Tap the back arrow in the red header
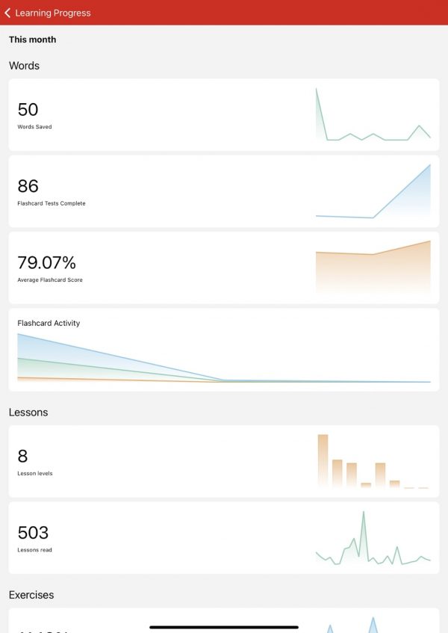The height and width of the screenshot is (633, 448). [x=7, y=13]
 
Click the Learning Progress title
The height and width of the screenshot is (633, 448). [x=52, y=13]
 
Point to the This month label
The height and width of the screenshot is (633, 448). [x=32, y=40]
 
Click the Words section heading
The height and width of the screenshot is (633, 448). [x=24, y=66]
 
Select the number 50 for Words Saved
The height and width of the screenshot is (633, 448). [x=28, y=109]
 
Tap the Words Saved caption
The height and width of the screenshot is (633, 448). [x=34, y=127]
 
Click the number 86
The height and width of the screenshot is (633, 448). [x=28, y=186]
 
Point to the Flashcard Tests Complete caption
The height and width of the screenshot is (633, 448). [x=51, y=203]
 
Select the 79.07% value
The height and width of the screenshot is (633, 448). [x=46, y=262]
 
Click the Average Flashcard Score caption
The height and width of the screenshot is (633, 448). [x=50, y=280]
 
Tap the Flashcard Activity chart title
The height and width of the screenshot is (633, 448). [x=49, y=324]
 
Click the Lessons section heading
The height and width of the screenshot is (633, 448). [x=28, y=412]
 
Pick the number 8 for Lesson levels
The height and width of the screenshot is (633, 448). [x=22, y=456]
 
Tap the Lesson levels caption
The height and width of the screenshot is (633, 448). [x=35, y=474]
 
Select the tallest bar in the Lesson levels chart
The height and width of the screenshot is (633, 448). [x=323, y=460]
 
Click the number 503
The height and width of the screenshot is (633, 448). [x=33, y=533]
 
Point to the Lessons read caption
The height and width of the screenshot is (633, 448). [x=34, y=550]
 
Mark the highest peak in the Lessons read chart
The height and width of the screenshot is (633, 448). [x=364, y=513]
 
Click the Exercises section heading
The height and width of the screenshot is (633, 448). [x=31, y=595]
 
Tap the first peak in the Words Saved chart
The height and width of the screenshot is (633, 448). [x=317, y=90]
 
